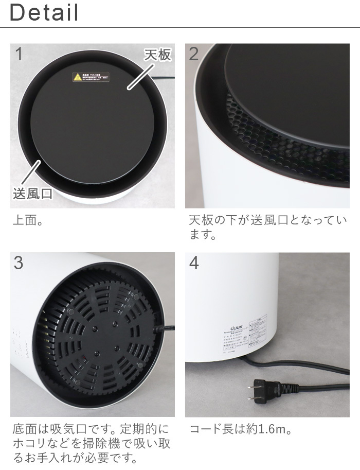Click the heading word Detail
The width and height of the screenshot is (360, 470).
point(44,13)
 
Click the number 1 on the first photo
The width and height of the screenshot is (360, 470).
point(20,54)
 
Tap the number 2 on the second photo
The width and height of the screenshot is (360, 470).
point(194,54)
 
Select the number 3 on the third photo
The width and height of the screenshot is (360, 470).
point(19,263)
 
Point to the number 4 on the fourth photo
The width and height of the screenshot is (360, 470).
point(194,263)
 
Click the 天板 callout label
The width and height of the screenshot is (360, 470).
point(156,55)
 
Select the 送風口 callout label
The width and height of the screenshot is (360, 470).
point(32,194)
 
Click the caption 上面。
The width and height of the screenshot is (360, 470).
point(27,222)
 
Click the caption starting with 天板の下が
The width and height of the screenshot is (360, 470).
point(267,228)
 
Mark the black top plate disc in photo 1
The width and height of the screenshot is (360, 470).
point(93,129)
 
